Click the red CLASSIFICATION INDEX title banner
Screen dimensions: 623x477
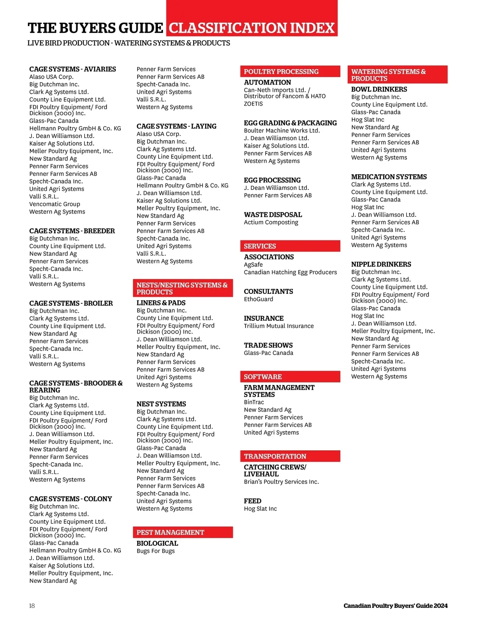tap(252, 28)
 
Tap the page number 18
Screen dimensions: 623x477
tap(32, 606)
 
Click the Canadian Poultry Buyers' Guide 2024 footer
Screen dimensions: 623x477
tap(395, 606)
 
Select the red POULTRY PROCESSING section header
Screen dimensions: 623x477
tap(290, 71)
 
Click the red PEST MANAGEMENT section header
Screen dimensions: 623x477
tap(182, 532)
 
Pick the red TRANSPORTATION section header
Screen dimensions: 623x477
tap(290, 456)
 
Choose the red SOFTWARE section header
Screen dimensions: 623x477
tap(290, 376)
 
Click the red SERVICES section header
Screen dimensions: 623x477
tap(290, 246)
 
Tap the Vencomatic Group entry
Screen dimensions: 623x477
tap(54, 204)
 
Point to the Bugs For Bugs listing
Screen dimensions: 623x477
tap(155, 551)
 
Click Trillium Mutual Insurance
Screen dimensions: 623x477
tap(279, 326)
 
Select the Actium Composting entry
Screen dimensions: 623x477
tap(271, 222)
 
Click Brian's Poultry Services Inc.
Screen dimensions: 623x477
tap(281, 482)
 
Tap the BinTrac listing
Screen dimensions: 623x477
tap(254, 402)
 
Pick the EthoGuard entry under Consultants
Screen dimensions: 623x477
tap(258, 299)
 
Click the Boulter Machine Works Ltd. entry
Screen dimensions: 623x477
tap(281, 131)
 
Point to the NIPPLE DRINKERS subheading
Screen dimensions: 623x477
tap(381, 264)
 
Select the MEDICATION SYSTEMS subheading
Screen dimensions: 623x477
tap(389, 177)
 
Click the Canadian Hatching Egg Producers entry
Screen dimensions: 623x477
tap(290, 272)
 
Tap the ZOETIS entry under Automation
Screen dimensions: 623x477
tap(253, 104)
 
